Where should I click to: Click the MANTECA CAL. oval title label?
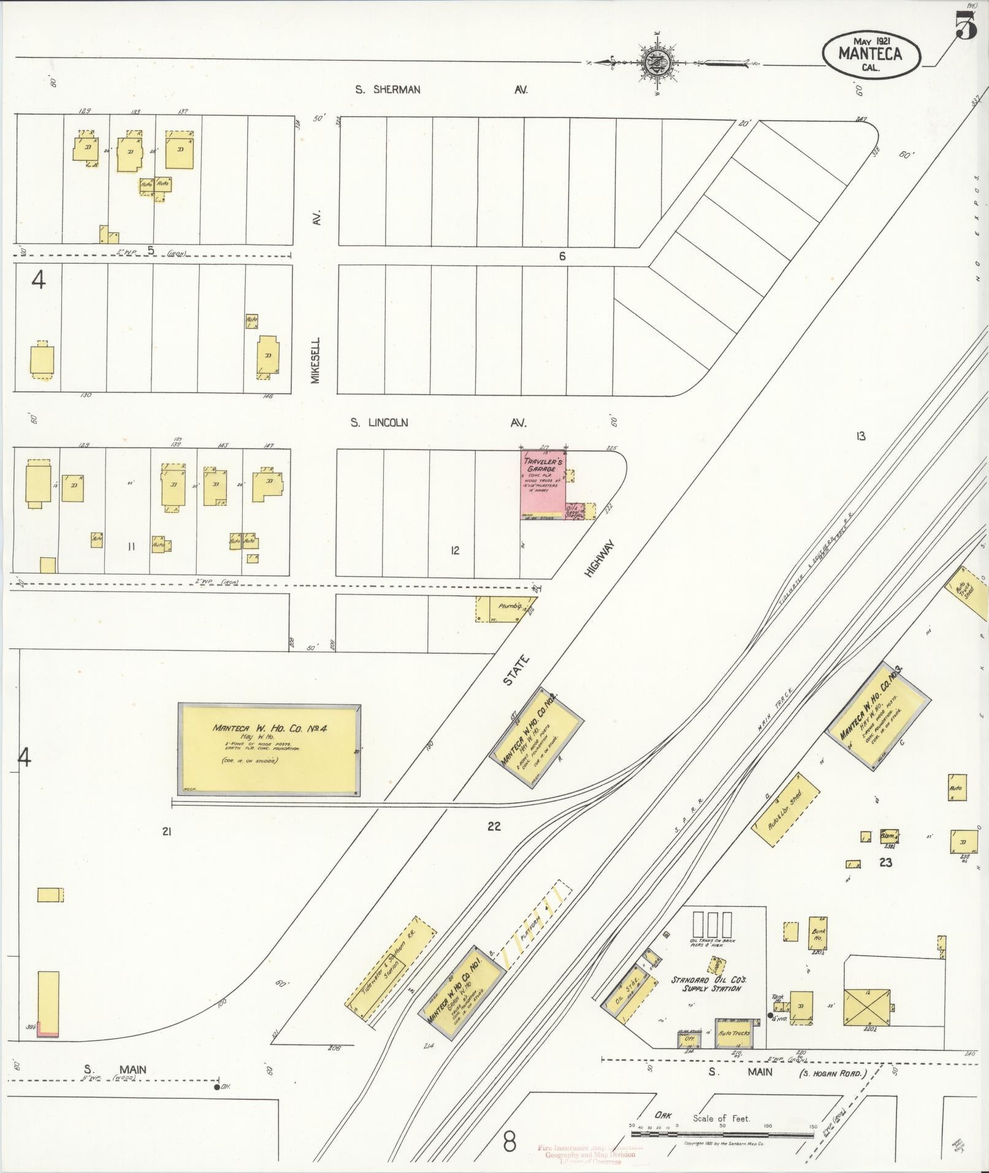[870, 55]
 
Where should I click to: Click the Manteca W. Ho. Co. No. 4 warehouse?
[269, 750]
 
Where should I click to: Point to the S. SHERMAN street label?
[388, 90]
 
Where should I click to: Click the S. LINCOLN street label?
[379, 422]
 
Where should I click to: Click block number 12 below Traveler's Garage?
[454, 550]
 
